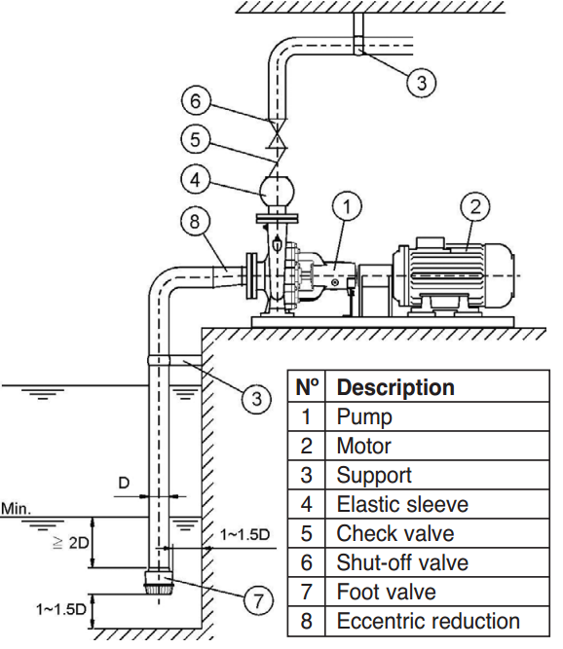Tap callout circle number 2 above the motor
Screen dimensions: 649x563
coord(476,206)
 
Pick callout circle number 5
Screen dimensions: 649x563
coord(195,139)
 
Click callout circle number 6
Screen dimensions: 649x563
coord(195,99)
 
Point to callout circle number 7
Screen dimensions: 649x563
coord(257,601)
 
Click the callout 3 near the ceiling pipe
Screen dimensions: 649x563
coord(421,83)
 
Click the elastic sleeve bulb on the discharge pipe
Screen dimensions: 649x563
coord(280,187)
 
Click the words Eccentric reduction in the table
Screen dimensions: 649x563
coord(428,621)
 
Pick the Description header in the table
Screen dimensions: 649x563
coord(395,387)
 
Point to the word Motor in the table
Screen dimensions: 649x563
coord(363,446)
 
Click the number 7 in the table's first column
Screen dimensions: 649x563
coord(306,592)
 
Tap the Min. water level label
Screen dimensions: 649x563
coord(17,508)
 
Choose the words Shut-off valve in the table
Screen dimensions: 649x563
coord(401,562)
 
